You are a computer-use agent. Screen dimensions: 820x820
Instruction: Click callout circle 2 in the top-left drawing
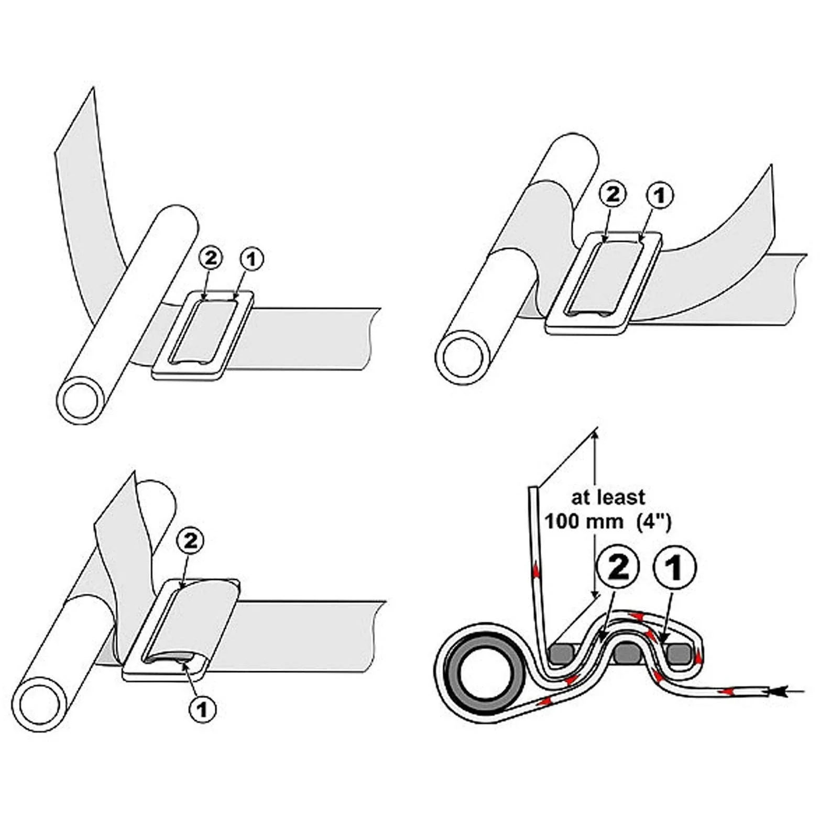coord(211,258)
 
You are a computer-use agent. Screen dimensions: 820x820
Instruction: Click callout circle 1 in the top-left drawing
coord(252,259)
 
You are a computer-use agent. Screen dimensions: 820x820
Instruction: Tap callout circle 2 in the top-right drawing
coord(614,194)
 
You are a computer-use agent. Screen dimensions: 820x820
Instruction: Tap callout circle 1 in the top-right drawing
coord(660,195)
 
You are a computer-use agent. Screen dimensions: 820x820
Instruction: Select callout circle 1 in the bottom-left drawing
coord(202,709)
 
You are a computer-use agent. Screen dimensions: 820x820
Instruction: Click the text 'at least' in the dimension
coord(608,497)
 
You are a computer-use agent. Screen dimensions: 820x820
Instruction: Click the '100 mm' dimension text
coord(584,522)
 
